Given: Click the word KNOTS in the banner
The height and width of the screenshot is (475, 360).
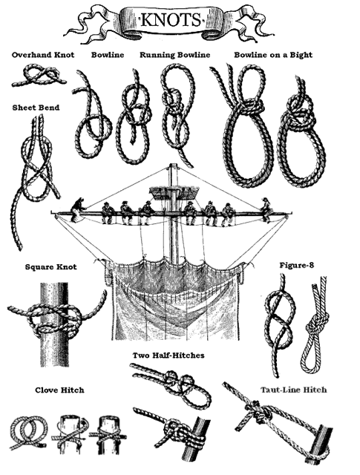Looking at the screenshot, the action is click(x=171, y=20).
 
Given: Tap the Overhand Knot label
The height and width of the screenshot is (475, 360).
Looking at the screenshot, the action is click(x=43, y=55).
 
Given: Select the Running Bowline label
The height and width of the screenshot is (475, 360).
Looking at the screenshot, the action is click(x=175, y=55).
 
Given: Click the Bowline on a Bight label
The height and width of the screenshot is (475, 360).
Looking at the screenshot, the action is click(x=273, y=55).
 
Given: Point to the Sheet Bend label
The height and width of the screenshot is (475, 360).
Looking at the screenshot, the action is click(x=36, y=108).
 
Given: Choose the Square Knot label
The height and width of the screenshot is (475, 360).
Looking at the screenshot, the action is click(x=51, y=267).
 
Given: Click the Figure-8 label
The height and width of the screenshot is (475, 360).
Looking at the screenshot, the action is click(x=297, y=266).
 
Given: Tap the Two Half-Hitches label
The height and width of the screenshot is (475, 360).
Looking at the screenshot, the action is click(x=168, y=355).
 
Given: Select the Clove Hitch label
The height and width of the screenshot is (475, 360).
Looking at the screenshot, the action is click(x=59, y=390).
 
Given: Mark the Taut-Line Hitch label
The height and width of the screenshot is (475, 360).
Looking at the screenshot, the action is click(x=294, y=390).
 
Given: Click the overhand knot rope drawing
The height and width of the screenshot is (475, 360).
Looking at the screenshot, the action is click(x=39, y=76).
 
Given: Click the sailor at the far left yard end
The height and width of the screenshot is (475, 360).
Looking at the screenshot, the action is click(x=77, y=209).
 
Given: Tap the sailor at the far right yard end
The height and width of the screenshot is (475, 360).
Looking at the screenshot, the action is click(x=266, y=209).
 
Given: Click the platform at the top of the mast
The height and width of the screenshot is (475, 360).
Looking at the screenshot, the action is click(x=174, y=193).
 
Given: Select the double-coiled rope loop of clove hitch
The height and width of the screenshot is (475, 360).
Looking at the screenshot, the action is click(x=28, y=433).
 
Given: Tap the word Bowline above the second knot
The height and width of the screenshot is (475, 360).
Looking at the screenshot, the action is click(x=108, y=55).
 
